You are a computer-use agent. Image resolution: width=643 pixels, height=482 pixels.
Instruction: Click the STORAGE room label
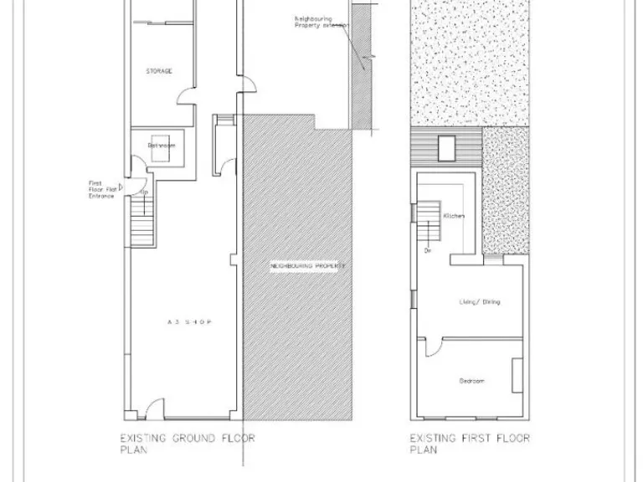tap(159, 71)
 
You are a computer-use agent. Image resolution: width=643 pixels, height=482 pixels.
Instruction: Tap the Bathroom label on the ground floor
tap(162, 146)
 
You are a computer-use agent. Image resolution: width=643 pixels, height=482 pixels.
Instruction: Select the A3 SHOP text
tap(186, 320)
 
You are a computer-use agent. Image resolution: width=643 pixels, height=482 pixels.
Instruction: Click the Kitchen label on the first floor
tap(453, 216)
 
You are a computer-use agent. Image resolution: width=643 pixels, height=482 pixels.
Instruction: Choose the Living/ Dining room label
tap(480, 301)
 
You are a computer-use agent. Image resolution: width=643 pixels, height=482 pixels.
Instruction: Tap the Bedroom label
tap(472, 382)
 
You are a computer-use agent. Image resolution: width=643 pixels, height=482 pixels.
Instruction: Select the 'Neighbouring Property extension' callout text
tap(318, 21)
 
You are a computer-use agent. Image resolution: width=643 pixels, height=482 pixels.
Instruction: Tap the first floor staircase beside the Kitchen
tap(430, 219)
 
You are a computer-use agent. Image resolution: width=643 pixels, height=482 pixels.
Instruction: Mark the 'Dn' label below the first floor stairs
tap(427, 250)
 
